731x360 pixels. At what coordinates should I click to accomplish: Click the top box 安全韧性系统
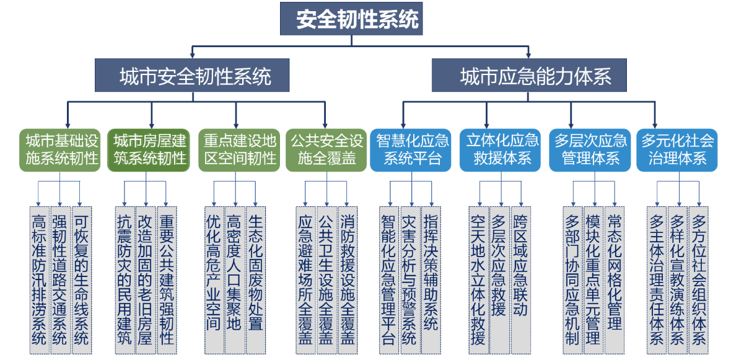(351, 19)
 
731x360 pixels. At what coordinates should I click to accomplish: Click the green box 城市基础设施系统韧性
(59, 149)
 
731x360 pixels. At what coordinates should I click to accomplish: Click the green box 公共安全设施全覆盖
(325, 149)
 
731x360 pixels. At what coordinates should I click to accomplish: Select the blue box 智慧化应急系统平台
(411, 149)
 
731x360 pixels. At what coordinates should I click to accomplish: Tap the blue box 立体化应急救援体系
(501, 149)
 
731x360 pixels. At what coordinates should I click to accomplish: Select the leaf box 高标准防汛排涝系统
(38, 279)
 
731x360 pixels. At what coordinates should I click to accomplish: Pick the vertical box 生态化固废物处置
(255, 279)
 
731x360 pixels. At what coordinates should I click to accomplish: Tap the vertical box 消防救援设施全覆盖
(347, 279)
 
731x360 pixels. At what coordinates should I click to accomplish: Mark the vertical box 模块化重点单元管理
(593, 279)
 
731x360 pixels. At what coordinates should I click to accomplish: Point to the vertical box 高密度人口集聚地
(234, 279)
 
